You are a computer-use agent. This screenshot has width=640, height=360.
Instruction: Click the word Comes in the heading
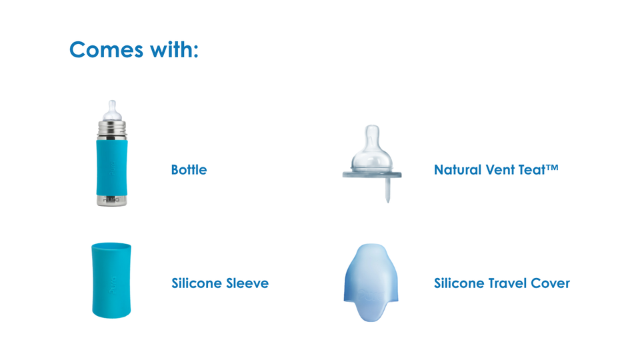(106, 50)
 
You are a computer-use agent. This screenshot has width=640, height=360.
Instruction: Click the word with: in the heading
(174, 49)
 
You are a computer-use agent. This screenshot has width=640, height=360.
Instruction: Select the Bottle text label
(189, 170)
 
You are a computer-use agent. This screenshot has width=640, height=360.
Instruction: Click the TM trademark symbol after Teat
(552, 167)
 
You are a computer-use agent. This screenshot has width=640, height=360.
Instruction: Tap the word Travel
(508, 283)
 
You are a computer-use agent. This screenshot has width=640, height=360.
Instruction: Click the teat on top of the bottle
(112, 111)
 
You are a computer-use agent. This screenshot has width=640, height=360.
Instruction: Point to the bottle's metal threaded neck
(112, 131)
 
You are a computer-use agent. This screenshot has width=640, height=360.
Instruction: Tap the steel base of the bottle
(112, 200)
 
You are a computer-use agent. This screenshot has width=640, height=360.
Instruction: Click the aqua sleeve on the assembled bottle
(112, 167)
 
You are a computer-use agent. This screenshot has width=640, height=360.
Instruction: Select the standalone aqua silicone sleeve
(111, 281)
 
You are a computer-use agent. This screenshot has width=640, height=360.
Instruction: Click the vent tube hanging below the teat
(388, 190)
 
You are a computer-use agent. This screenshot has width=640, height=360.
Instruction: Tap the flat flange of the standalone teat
(372, 175)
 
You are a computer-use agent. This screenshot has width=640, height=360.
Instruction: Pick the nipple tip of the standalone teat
(372, 135)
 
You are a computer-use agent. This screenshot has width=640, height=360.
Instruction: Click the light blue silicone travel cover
(371, 283)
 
